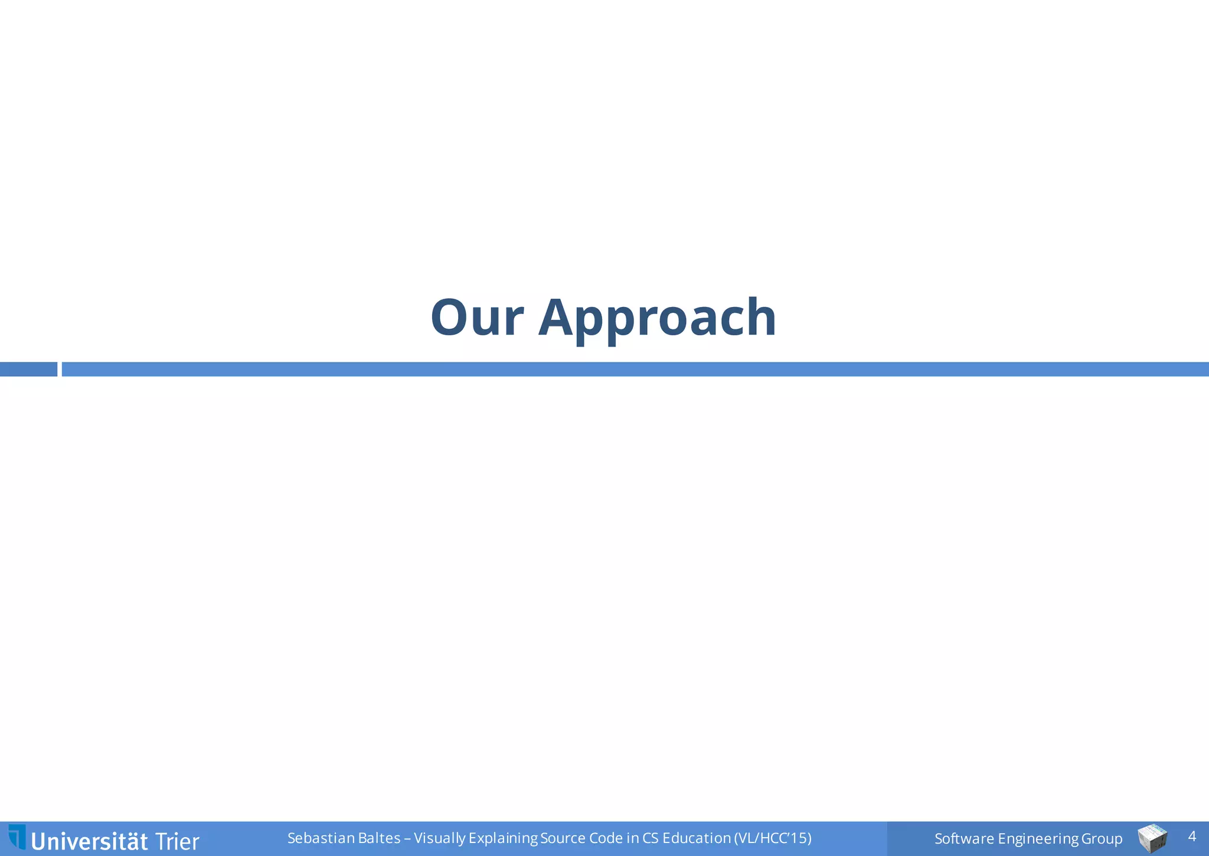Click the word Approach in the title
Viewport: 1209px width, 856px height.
coord(656,319)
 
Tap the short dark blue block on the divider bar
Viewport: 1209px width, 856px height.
coord(28,370)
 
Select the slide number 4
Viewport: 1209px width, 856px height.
coord(1191,837)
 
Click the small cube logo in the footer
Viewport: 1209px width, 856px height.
coord(1152,838)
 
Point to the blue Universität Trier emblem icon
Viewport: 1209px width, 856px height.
coord(17,837)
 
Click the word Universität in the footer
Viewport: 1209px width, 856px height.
coord(89,841)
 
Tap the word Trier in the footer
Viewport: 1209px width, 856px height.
coord(177,841)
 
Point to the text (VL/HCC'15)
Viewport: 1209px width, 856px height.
coord(773,838)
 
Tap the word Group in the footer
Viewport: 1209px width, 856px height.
coord(1102,839)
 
